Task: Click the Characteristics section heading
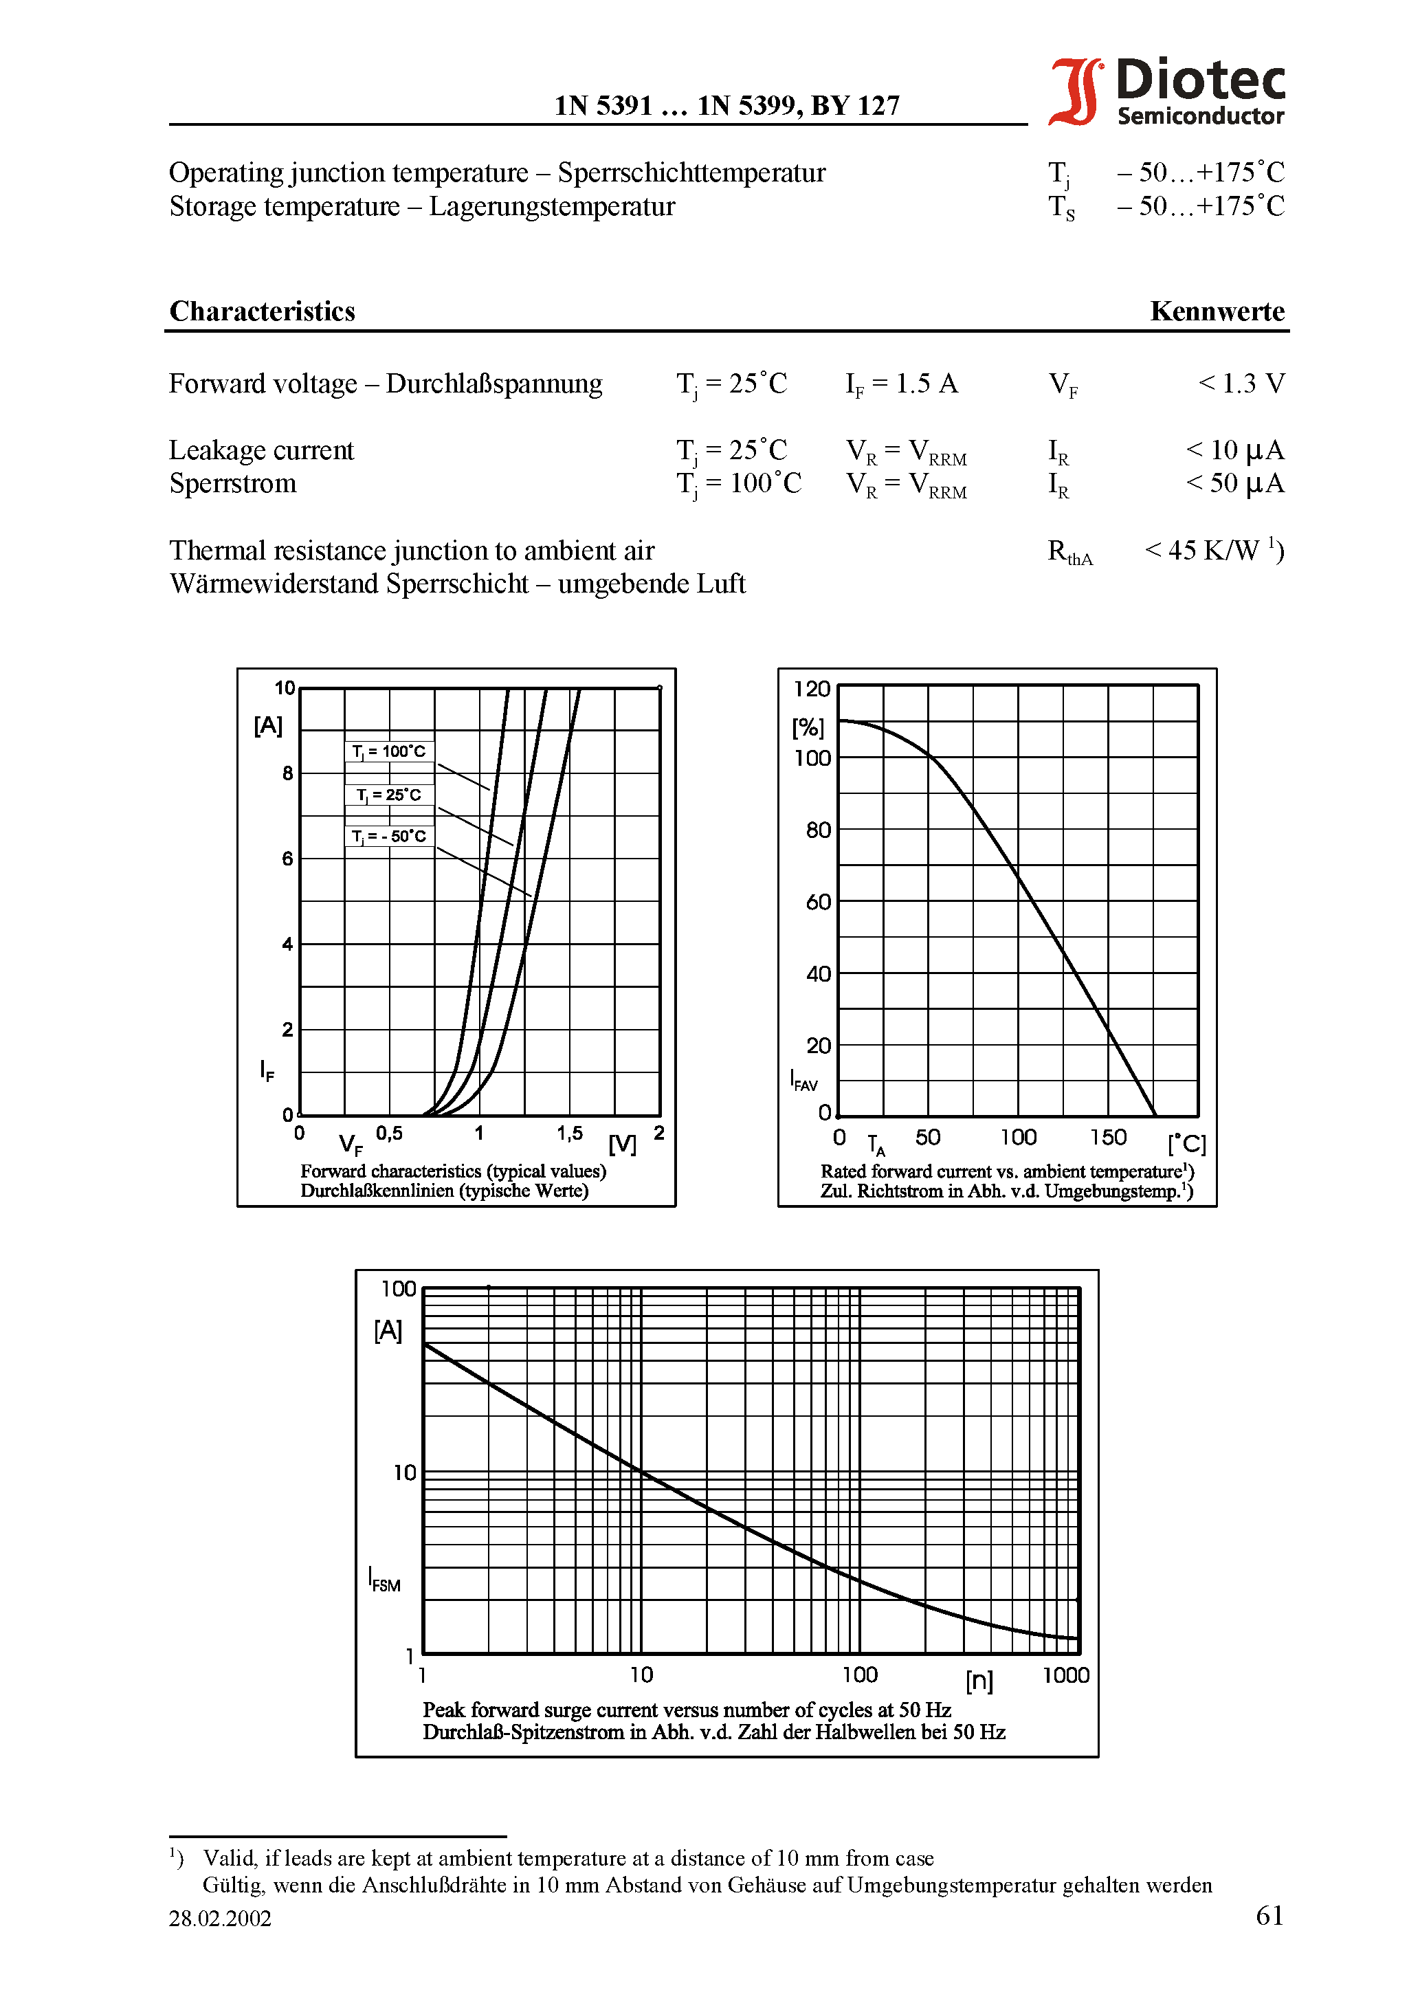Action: [x=262, y=311]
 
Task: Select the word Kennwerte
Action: [x=1217, y=311]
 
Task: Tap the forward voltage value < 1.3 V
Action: [x=1241, y=384]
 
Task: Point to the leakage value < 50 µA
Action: [x=1234, y=483]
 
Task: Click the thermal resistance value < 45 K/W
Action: [x=1213, y=551]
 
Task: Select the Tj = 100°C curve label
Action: [x=389, y=751]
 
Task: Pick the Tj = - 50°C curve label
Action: [x=389, y=836]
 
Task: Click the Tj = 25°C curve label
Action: [x=389, y=795]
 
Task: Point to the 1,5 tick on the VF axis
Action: [x=569, y=1134]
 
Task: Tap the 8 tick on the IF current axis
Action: [x=287, y=773]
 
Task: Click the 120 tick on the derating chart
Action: [x=812, y=689]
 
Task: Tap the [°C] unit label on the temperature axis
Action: [x=1186, y=1144]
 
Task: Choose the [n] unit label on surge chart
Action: [x=979, y=1680]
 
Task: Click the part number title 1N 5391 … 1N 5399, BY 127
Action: [x=726, y=106]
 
